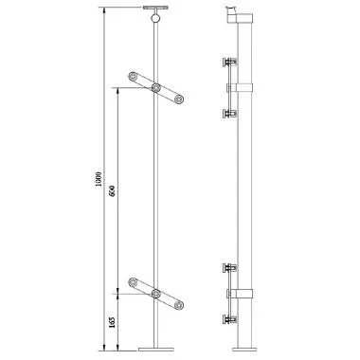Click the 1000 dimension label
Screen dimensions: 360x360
(99, 180)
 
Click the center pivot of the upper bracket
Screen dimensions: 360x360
(155, 87)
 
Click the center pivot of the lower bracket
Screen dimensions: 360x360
(155, 295)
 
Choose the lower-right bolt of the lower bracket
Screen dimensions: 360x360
(177, 304)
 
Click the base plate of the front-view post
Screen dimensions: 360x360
(155, 349)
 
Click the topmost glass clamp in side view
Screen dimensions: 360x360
(227, 63)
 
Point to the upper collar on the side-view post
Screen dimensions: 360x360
(244, 88)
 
